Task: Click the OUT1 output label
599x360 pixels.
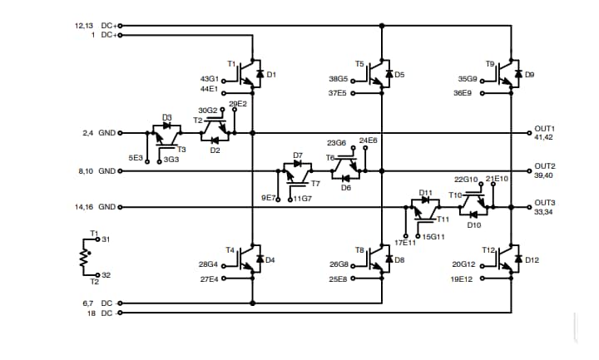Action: coord(545,129)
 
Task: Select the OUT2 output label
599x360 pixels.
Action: coord(545,166)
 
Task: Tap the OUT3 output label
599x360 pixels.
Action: coord(545,203)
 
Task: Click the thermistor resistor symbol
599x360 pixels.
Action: coord(83,257)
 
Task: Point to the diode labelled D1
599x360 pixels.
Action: coord(260,75)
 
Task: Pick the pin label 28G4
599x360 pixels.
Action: coord(208,264)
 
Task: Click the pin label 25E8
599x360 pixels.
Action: coord(339,279)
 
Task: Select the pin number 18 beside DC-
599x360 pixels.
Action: coord(92,313)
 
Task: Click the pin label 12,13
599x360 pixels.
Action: coord(85,26)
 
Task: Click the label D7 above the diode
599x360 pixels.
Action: coord(298,155)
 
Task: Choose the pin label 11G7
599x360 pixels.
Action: coord(301,199)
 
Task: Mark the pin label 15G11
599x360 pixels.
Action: coord(433,237)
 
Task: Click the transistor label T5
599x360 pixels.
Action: coord(359,63)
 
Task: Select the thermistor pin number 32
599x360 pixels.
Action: coord(106,274)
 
